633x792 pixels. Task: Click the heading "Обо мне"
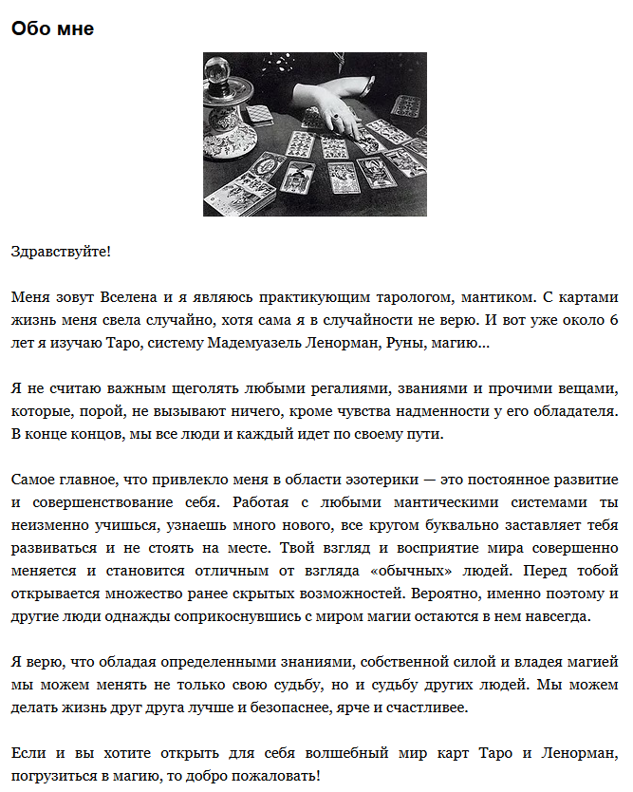pyautogui.click(x=52, y=28)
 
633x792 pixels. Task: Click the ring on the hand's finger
pyautogui.click(x=336, y=118)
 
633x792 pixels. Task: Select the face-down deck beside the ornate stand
pyautogui.click(x=258, y=113)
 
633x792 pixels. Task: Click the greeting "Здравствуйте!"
pyautogui.click(x=61, y=252)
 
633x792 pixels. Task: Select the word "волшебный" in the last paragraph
pyautogui.click(x=318, y=754)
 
